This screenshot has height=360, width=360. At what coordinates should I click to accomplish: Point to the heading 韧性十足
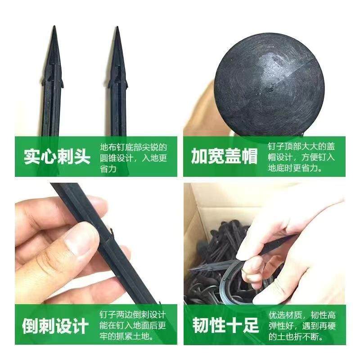click(x=225, y=325)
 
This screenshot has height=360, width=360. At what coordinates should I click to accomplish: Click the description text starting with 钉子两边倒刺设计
click(x=133, y=325)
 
